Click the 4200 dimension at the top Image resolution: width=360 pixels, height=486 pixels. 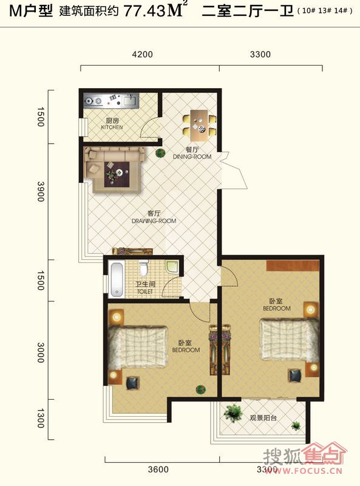click(142, 55)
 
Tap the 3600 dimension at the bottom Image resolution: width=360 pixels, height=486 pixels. click(158, 469)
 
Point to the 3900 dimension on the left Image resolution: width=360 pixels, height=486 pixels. click(41, 191)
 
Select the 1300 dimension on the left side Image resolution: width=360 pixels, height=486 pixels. click(41, 419)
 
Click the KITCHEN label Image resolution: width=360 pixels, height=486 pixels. click(112, 128)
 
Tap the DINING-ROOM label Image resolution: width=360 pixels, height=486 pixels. click(192, 157)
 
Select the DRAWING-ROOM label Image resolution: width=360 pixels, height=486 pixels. click(154, 221)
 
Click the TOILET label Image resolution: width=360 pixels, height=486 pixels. click(145, 292)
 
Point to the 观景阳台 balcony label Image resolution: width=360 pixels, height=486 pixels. click(263, 418)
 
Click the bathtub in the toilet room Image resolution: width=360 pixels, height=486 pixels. click(117, 279)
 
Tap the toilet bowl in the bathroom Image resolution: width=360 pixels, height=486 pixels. click(143, 269)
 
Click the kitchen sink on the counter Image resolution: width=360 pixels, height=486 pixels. click(129, 100)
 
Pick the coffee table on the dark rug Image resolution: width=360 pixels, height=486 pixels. click(117, 174)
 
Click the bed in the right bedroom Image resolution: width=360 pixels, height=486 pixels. click(289, 340)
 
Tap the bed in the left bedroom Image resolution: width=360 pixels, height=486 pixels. click(138, 347)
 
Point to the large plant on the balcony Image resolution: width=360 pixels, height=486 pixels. click(233, 413)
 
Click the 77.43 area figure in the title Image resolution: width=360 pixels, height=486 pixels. click(144, 12)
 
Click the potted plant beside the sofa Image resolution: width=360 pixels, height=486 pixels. click(160, 153)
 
